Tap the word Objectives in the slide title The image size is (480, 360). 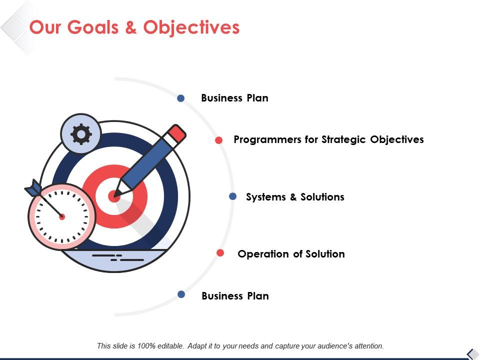[x=191, y=27]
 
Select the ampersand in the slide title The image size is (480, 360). [x=131, y=27]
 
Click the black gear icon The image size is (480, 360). [x=81, y=133]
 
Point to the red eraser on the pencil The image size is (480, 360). [x=177, y=133]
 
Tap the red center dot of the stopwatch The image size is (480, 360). [x=62, y=216]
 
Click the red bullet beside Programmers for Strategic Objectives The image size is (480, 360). [x=218, y=140]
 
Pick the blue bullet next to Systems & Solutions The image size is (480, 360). [x=232, y=196]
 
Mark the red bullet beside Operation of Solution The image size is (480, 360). [x=220, y=253]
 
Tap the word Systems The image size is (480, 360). [x=265, y=197]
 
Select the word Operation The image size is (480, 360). [x=263, y=254]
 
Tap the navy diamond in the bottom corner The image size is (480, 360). [x=471, y=353]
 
